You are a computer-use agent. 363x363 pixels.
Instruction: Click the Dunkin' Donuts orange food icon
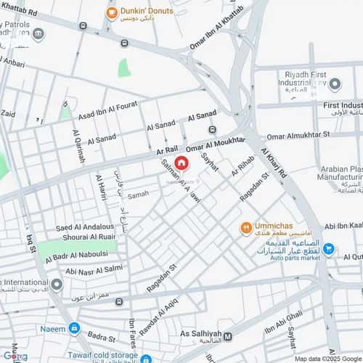coord(111,12)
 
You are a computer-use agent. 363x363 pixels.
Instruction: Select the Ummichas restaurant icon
coord(247,228)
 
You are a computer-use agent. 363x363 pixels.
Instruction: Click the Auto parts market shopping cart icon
coord(329,249)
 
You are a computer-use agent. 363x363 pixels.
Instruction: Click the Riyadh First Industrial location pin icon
coord(335,84)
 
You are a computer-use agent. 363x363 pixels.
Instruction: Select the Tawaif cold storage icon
coord(146,359)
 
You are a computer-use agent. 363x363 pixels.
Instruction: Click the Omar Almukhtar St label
coord(298,135)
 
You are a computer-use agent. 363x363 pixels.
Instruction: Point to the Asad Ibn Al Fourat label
coord(107,109)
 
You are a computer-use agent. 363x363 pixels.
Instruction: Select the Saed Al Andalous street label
coord(84,228)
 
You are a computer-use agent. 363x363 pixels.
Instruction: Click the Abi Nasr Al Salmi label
coord(94,271)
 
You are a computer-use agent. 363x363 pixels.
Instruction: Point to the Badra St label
coord(101,337)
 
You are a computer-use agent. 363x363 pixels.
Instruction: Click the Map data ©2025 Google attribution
coord(327,358)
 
